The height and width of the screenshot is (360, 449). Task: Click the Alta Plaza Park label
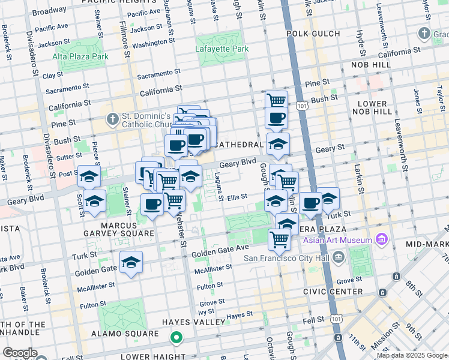point(80,56)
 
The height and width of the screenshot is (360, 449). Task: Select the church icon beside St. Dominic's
point(112,119)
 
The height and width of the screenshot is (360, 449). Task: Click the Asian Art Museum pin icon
point(381,241)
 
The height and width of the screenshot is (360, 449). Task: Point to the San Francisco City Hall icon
point(338,259)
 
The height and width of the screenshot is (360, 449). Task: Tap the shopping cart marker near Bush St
point(276,101)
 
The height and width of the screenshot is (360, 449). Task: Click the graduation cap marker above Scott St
point(89,177)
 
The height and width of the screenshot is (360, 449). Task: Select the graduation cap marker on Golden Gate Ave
point(131,262)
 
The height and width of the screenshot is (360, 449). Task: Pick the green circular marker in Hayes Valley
point(176,338)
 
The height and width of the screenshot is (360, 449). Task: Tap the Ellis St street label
point(238,196)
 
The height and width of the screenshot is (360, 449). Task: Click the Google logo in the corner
point(20,353)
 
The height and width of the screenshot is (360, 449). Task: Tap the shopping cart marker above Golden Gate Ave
point(279,239)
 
